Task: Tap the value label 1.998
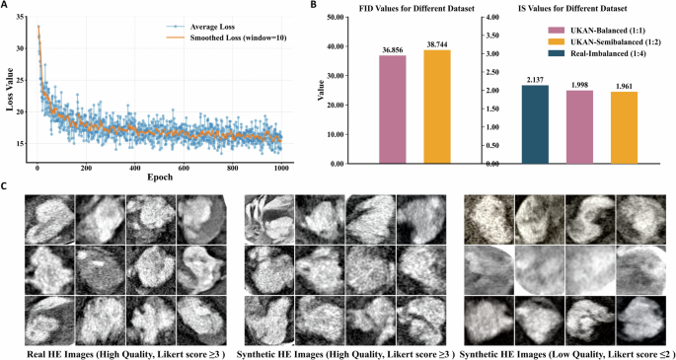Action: [578, 83]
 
